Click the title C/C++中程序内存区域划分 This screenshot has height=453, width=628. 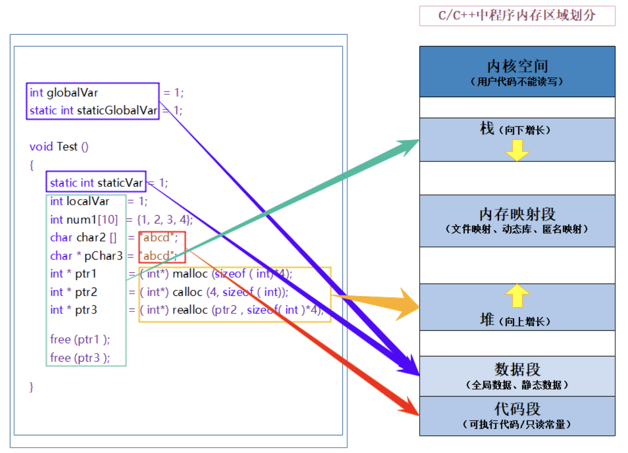pos(517,16)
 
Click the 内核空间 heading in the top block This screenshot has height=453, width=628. pos(517,66)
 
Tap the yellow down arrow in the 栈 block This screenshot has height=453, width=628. pos(517,150)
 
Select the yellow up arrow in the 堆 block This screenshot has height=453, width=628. pos(517,295)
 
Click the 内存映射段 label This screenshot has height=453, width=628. pos(517,214)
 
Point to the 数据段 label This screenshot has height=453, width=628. pos(517,369)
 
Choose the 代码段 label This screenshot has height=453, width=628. pos(517,409)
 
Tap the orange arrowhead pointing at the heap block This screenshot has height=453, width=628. pos(407,305)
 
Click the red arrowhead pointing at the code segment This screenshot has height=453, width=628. pos(409,407)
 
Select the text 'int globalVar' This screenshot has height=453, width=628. pos(64,93)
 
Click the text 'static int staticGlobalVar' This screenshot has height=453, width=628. pos(93,110)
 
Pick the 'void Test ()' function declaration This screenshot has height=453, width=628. pos(59,146)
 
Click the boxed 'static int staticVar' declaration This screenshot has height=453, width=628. pos(96,182)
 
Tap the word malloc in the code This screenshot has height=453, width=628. pos(190,274)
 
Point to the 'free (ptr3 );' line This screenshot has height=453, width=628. pos(80,358)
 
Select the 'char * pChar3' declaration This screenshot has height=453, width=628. pos(86,256)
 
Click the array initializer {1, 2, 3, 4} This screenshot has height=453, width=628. pos(164,219)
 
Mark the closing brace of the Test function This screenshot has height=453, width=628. pos(31,386)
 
